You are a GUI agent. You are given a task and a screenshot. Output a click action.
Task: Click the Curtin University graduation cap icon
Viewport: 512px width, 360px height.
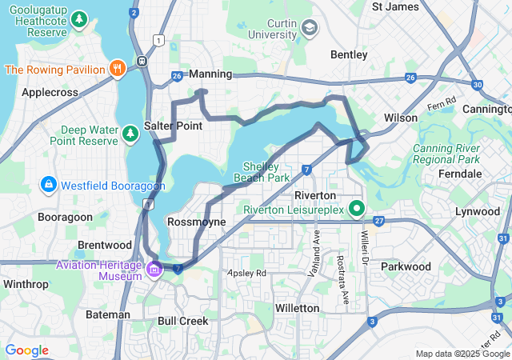click(x=308, y=29)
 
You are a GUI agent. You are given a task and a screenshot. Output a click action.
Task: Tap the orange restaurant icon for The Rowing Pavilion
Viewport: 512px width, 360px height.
click(x=117, y=69)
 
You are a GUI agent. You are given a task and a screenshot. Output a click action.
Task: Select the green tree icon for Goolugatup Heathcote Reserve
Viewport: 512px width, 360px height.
click(x=79, y=18)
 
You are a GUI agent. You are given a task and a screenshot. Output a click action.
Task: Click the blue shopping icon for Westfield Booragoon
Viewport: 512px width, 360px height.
click(x=49, y=186)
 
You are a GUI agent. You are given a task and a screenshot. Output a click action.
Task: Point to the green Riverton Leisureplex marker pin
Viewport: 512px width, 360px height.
click(x=356, y=209)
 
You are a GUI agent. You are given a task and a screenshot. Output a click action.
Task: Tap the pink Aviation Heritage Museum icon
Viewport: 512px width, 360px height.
click(x=153, y=270)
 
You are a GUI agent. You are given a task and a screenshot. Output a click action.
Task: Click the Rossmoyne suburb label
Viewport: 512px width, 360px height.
click(x=197, y=221)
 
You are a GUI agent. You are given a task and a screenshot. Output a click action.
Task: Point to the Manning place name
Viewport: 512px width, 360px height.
click(x=210, y=74)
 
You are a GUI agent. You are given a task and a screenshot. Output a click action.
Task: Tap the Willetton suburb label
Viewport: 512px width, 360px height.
click(x=297, y=307)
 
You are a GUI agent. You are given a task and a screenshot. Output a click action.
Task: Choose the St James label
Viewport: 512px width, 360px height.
click(x=395, y=6)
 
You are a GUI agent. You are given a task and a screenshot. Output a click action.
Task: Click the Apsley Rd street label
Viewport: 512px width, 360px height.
click(x=246, y=273)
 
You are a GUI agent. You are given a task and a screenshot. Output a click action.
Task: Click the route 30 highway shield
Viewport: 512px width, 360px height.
click(x=477, y=84)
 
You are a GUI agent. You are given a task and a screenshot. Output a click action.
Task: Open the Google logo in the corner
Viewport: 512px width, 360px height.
click(x=26, y=350)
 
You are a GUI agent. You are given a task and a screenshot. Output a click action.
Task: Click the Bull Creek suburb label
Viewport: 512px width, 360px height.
click(x=182, y=321)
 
